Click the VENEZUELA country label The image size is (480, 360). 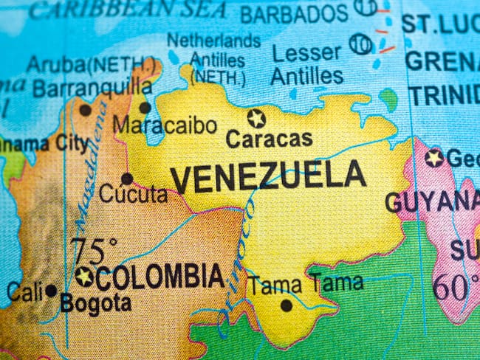(x=267, y=178)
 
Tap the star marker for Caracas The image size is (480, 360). (x=256, y=117)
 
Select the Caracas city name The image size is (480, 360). (x=269, y=139)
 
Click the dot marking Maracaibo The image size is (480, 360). (x=145, y=108)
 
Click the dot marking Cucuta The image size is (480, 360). (x=127, y=179)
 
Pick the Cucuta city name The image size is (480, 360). (x=133, y=195)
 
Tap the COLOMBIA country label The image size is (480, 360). (x=159, y=277)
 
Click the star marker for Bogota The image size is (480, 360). (x=84, y=277)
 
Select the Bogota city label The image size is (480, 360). (x=96, y=302)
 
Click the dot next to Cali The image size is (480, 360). (x=51, y=291)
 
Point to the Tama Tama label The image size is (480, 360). (x=304, y=283)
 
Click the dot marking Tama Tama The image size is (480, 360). (x=286, y=305)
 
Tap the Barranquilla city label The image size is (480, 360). (x=92, y=88)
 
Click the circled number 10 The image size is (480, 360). (x=360, y=44)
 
